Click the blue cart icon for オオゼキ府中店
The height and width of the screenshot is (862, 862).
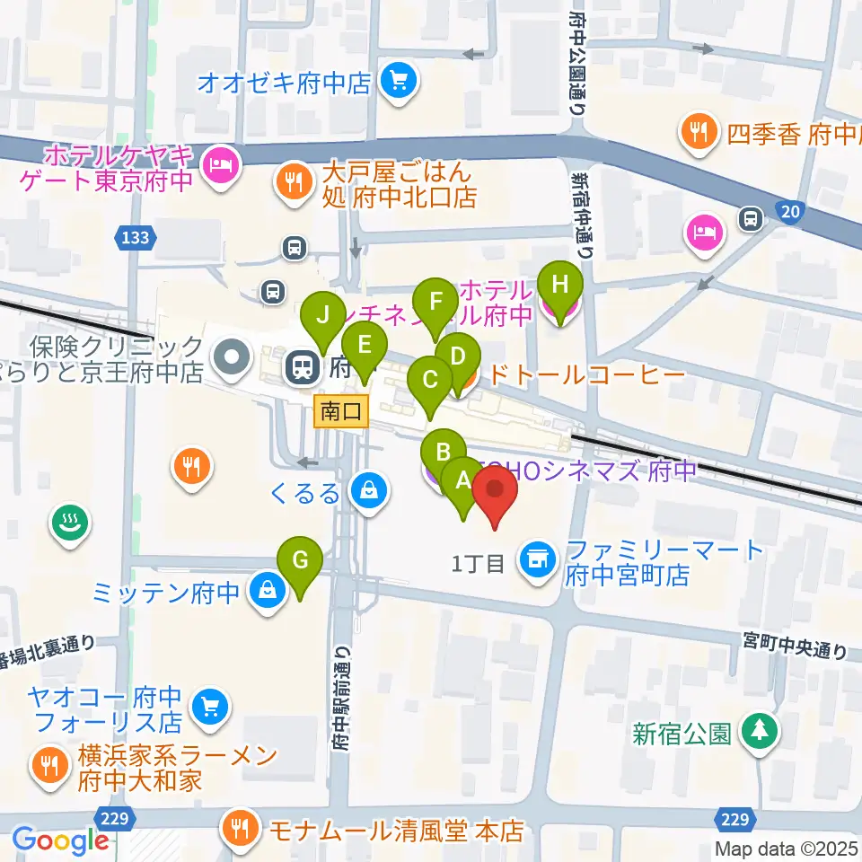click(x=398, y=84)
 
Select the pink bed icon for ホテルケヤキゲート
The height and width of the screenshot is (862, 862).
click(x=218, y=163)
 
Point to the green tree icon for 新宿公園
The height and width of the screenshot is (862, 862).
click(x=760, y=733)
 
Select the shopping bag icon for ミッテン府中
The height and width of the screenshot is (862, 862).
click(x=268, y=593)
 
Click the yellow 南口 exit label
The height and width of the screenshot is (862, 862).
click(x=341, y=412)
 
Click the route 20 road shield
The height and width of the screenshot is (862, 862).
click(x=787, y=210)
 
